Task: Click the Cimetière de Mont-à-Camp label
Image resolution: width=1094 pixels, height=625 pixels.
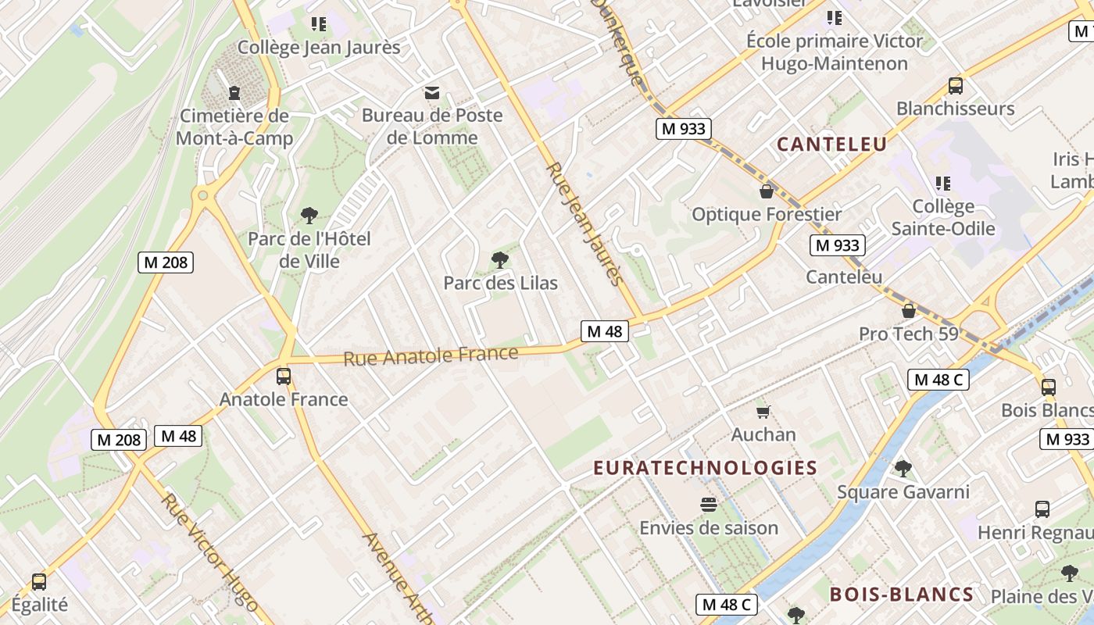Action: [234, 127]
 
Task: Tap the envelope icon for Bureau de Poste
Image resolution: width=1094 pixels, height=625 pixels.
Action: [431, 93]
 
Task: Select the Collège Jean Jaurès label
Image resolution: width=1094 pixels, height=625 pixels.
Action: [319, 48]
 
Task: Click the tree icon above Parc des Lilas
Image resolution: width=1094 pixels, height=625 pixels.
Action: [500, 260]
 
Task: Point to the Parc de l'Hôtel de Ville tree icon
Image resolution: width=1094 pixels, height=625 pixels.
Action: [309, 215]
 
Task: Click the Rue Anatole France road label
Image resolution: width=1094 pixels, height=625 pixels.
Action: [431, 356]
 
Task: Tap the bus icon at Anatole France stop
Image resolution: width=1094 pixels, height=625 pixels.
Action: [284, 377]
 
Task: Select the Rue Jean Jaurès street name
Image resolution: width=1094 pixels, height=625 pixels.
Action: [585, 224]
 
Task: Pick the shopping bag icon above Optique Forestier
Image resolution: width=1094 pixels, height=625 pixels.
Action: [767, 191]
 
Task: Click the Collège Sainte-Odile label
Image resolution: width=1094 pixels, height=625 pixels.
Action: [943, 217]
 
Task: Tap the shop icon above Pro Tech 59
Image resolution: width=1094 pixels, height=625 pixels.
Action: [909, 311]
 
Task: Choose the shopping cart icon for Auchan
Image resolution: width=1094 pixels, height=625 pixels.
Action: [763, 412]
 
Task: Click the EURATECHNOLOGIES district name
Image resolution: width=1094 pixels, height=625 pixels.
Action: [705, 468]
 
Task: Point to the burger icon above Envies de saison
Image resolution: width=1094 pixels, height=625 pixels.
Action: [709, 505]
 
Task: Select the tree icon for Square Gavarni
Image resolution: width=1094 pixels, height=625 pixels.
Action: [903, 469]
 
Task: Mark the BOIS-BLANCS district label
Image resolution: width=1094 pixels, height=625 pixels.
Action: [902, 595]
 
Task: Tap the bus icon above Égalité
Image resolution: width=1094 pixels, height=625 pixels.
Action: [39, 582]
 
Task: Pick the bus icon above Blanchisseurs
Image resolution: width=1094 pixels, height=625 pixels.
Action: [955, 86]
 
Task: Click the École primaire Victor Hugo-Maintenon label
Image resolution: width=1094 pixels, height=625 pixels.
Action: [835, 52]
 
